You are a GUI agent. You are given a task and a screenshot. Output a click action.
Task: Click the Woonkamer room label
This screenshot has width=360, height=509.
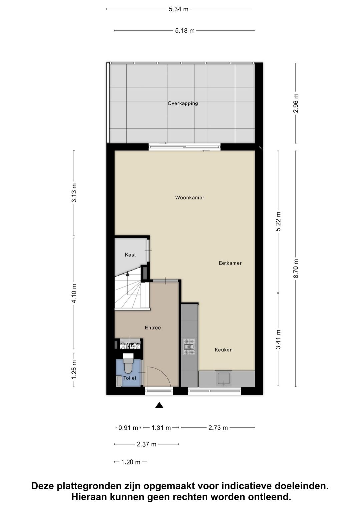(x=190, y=197)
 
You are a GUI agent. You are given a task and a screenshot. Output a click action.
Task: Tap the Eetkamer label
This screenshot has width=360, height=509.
(x=230, y=263)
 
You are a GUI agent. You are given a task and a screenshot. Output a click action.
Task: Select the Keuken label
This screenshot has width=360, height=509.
(x=223, y=350)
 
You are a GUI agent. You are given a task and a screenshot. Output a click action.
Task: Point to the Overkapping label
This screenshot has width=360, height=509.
(x=183, y=103)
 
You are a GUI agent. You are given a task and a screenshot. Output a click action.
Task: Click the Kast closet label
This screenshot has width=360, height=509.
(x=130, y=255)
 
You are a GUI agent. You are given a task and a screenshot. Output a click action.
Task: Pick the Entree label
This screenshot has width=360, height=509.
(x=153, y=328)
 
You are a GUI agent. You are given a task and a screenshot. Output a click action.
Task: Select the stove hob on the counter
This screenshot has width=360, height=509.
(x=189, y=346)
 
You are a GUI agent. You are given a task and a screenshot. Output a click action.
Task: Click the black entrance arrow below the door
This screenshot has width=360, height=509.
(x=159, y=405)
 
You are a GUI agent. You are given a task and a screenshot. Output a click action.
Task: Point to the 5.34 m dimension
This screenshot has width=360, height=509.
(x=179, y=9)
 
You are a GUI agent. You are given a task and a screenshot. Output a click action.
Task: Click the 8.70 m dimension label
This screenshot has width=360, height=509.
(x=296, y=269)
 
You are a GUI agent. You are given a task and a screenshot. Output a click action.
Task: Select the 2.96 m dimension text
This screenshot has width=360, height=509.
(x=296, y=103)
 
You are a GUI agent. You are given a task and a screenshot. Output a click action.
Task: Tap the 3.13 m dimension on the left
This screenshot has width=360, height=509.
(x=74, y=193)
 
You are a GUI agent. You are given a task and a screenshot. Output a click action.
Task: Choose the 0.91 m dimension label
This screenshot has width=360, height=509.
(x=128, y=428)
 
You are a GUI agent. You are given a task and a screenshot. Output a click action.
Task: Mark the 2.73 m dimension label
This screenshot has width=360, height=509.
(x=218, y=428)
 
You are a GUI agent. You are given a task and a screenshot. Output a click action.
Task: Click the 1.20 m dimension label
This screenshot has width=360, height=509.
(x=131, y=462)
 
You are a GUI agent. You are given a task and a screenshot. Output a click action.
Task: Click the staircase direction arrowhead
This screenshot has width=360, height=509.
(x=127, y=274)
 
